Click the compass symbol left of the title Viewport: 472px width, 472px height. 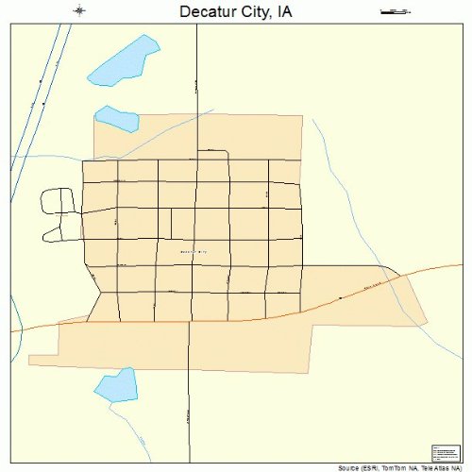(80, 11)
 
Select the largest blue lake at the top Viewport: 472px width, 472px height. (123, 63)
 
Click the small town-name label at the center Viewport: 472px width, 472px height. (192, 251)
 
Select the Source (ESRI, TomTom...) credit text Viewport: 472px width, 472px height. (404, 466)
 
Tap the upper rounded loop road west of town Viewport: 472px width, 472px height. (58, 200)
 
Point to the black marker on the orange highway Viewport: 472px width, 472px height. (340, 297)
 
